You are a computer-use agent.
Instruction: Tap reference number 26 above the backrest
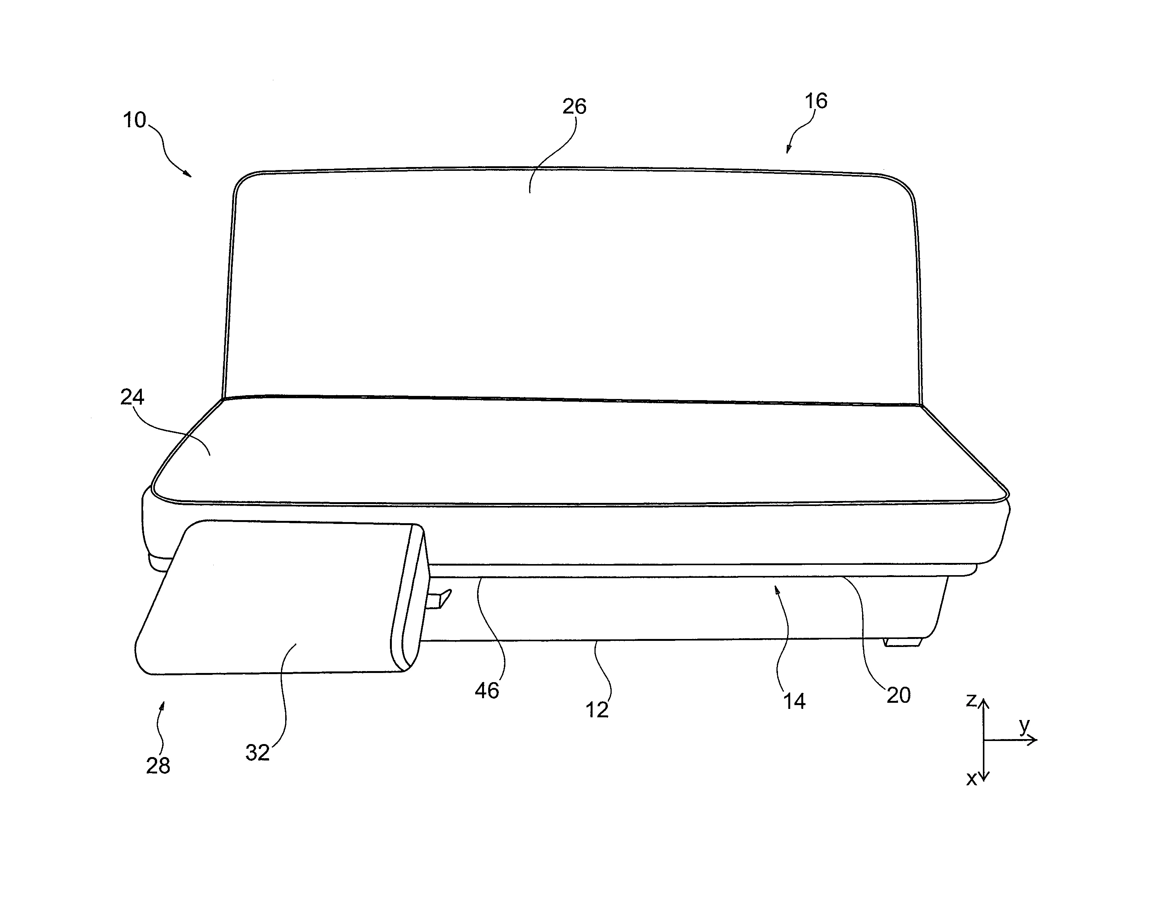point(574,107)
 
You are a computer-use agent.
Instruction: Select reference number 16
point(816,101)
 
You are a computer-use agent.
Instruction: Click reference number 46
point(487,691)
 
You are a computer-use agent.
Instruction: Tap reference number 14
point(794,702)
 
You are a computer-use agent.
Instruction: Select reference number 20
point(899,696)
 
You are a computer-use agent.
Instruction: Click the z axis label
point(971,700)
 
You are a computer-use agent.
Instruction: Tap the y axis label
point(1024,726)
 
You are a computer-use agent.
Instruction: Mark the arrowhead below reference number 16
point(788,149)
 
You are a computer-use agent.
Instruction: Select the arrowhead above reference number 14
point(777,589)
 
